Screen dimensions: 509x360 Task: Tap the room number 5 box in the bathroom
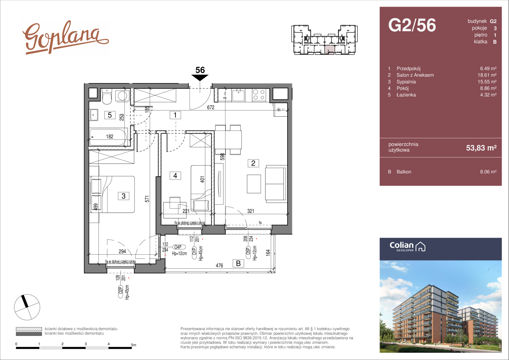point(110,115)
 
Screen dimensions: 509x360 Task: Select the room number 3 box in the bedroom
point(124,196)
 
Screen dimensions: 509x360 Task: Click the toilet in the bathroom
point(107,96)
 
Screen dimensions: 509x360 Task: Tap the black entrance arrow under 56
point(200,78)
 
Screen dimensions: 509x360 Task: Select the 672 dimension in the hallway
point(211,107)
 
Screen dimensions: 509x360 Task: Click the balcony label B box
point(239,263)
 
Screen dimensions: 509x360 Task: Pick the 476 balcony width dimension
point(219,265)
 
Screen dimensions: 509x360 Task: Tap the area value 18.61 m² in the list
point(488,75)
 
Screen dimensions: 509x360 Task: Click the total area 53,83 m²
point(481,148)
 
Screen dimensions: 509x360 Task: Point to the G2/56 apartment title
point(412,25)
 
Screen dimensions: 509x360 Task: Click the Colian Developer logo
point(407,247)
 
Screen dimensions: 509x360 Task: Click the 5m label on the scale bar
point(134,345)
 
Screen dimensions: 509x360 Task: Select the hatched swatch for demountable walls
point(29,329)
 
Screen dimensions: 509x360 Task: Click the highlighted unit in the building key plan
point(329,50)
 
